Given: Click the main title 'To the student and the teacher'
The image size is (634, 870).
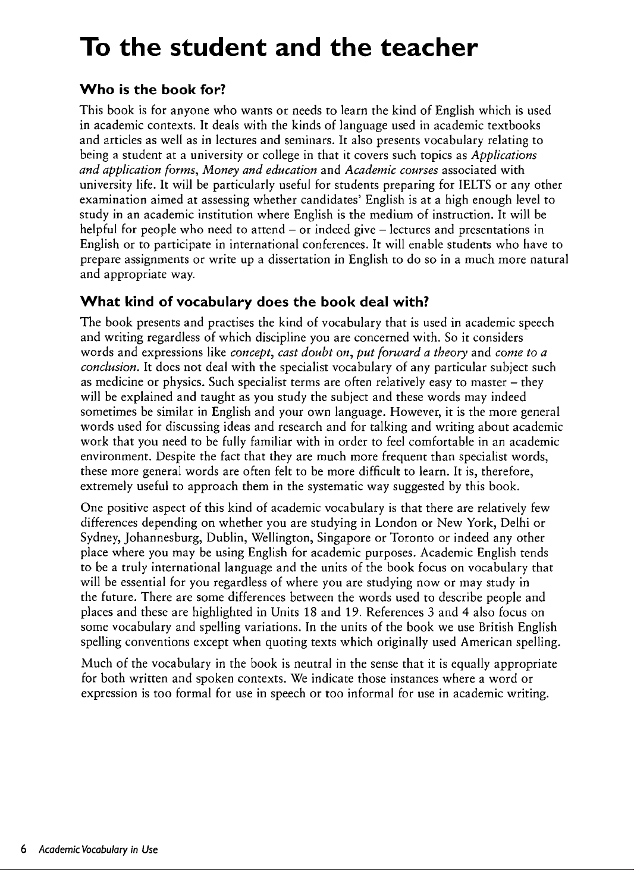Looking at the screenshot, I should [279, 47].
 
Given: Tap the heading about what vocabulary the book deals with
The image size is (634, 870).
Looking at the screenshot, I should [255, 302].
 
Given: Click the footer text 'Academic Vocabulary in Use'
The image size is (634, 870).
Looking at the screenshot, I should [98, 849].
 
